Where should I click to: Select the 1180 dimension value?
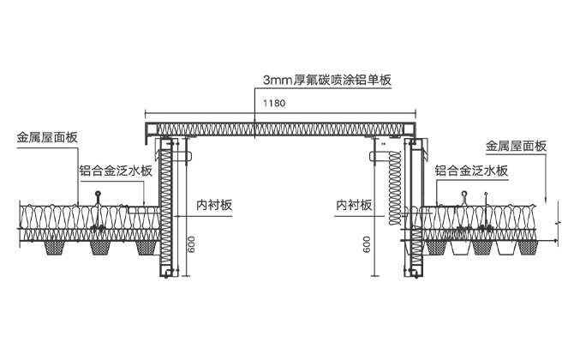(275, 103)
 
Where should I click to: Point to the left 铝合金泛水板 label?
(115, 171)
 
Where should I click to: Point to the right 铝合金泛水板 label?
(471, 171)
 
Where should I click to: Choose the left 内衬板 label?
(214, 206)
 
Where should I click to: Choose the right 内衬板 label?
(353, 206)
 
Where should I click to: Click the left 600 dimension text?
(192, 244)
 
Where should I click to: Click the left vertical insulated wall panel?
(168, 214)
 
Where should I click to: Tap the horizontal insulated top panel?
(283, 129)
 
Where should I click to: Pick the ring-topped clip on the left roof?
(99, 194)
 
